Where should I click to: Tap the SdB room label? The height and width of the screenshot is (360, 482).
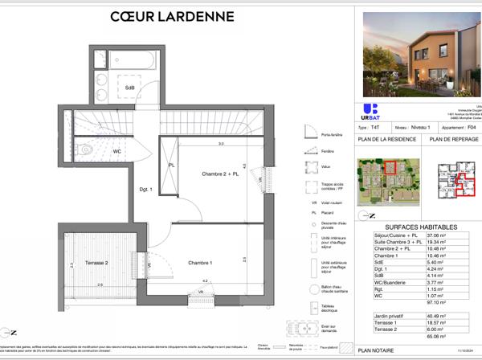(x=129, y=88)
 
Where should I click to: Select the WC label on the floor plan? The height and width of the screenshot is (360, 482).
(x=117, y=151)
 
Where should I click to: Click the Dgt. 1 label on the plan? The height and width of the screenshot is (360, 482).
(x=146, y=190)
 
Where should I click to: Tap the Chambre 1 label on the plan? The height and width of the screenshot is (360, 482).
(x=201, y=264)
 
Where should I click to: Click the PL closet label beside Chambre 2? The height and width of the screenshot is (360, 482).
(x=170, y=166)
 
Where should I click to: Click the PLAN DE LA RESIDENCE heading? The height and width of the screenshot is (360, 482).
(x=385, y=140)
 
